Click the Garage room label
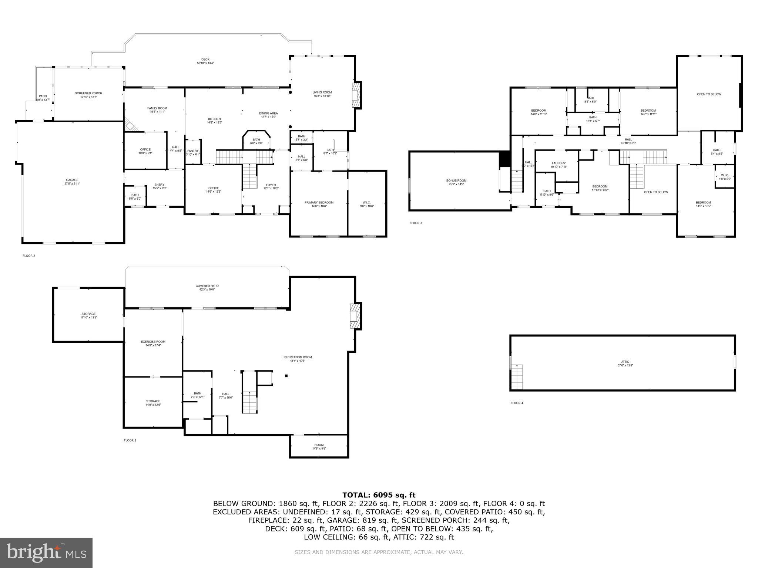pyautogui.click(x=72, y=180)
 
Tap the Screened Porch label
pyautogui.click(x=88, y=93)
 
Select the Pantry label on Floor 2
pyautogui.click(x=193, y=151)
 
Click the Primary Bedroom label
pyautogui.click(x=319, y=203)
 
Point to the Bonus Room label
pyautogui.click(x=456, y=180)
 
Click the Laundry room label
pyautogui.click(x=559, y=163)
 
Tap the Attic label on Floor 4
pyautogui.click(x=625, y=362)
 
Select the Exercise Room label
pyautogui.click(x=153, y=342)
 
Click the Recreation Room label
pyautogui.click(x=298, y=357)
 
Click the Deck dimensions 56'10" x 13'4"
pyautogui.click(x=205, y=63)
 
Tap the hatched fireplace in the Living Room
pyautogui.click(x=356, y=95)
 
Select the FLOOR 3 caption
pyautogui.click(x=415, y=223)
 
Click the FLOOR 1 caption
pyautogui.click(x=130, y=440)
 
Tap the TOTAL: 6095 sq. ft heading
pyautogui.click(x=379, y=495)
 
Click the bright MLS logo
pyautogui.click(x=46, y=552)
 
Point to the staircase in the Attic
pyautogui.click(x=517, y=377)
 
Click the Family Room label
pyautogui.click(x=157, y=108)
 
